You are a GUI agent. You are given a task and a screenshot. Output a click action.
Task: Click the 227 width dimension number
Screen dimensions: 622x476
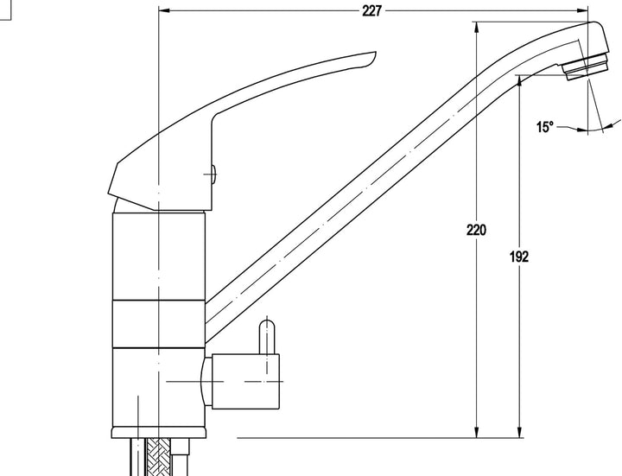tap(371, 11)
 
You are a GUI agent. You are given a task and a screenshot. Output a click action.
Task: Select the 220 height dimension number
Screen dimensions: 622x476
tap(476, 230)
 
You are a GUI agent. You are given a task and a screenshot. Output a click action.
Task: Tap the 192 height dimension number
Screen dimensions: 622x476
tap(519, 257)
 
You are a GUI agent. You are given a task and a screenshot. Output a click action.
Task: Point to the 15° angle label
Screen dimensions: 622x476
tap(545, 127)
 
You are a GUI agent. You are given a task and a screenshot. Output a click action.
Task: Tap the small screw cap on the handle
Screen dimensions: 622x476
tap(213, 175)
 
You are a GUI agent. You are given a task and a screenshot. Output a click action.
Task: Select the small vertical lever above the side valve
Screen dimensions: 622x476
tap(267, 337)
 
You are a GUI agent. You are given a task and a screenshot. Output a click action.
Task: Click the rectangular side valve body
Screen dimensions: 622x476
tap(245, 381)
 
